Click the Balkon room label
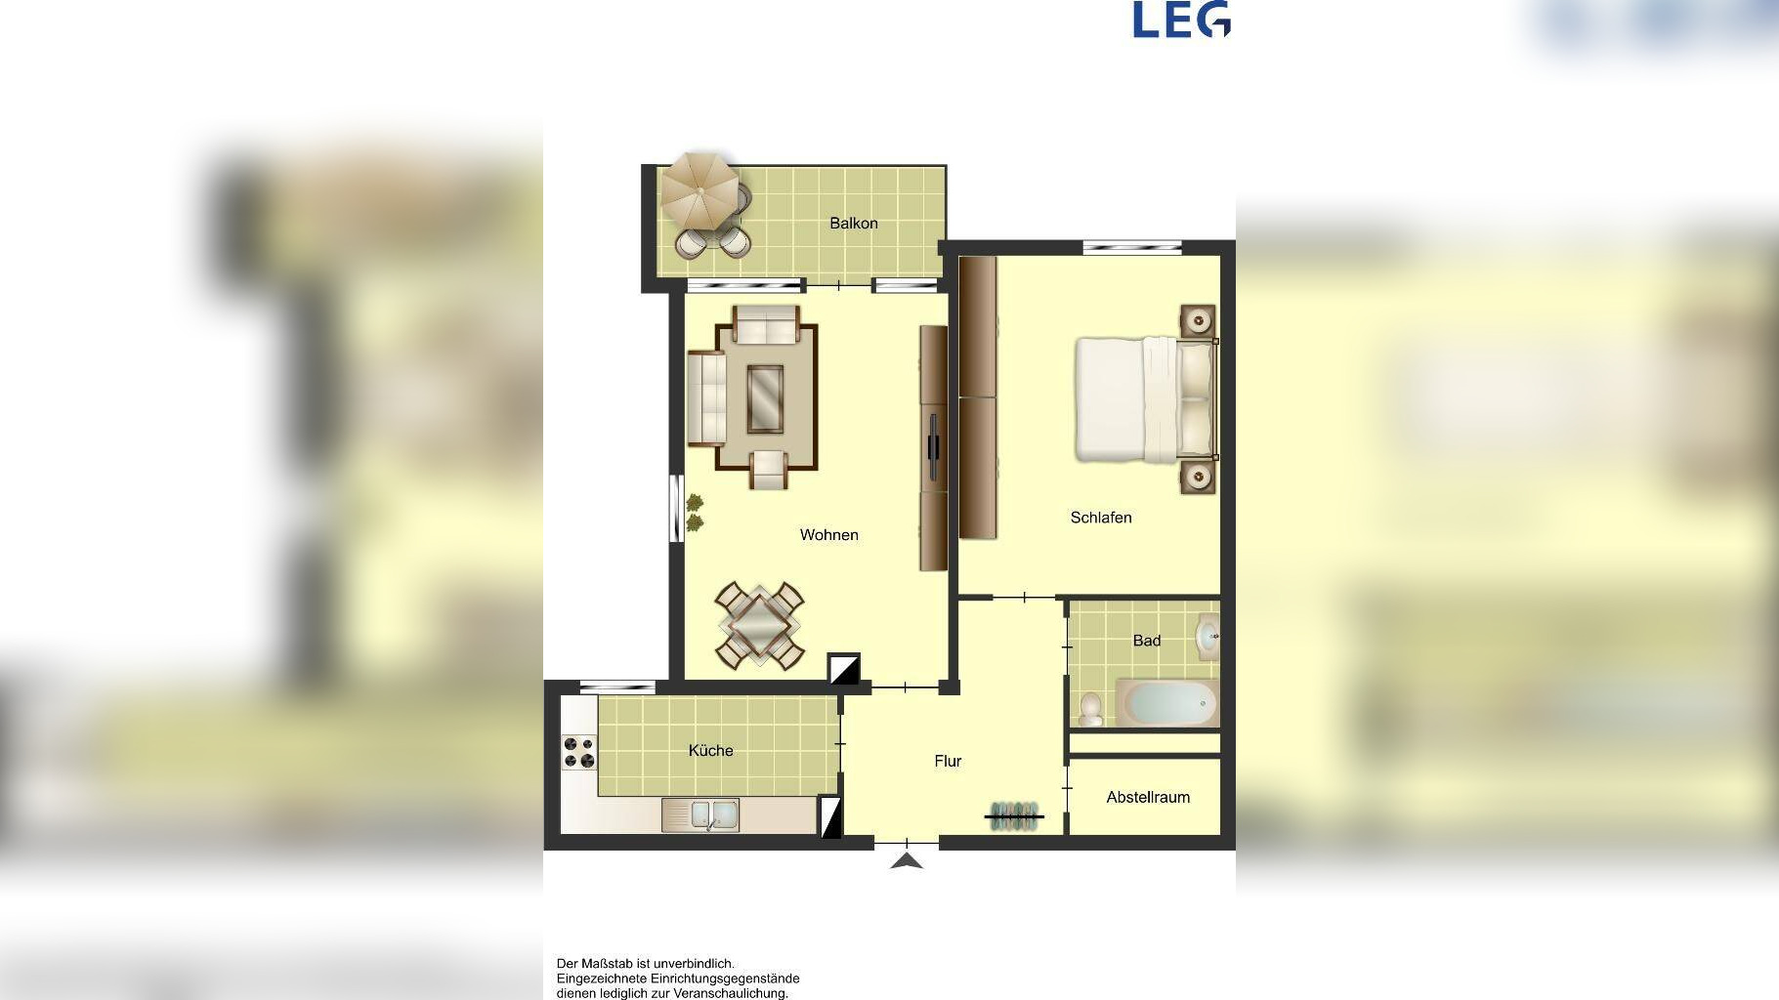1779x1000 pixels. tap(854, 224)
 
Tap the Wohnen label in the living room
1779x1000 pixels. tap(829, 535)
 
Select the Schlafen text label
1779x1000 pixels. tap(1101, 518)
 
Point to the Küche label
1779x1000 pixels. tap(710, 750)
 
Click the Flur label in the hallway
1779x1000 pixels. tap(948, 761)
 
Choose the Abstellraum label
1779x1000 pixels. tap(1148, 797)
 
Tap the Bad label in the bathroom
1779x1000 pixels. tap(1147, 641)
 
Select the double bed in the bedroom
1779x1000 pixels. tap(1146, 398)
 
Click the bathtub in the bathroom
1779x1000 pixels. tap(1168, 703)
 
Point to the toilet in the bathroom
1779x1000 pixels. tap(1091, 710)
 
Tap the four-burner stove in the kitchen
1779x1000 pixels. tap(578, 753)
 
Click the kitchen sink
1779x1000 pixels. tap(700, 814)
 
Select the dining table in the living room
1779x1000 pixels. tap(760, 626)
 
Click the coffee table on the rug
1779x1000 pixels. tap(765, 398)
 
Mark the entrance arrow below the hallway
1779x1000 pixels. tap(908, 860)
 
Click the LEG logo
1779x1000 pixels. tap(1181, 20)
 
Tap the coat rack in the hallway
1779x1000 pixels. tap(1015, 815)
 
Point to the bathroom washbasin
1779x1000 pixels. tap(1208, 637)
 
